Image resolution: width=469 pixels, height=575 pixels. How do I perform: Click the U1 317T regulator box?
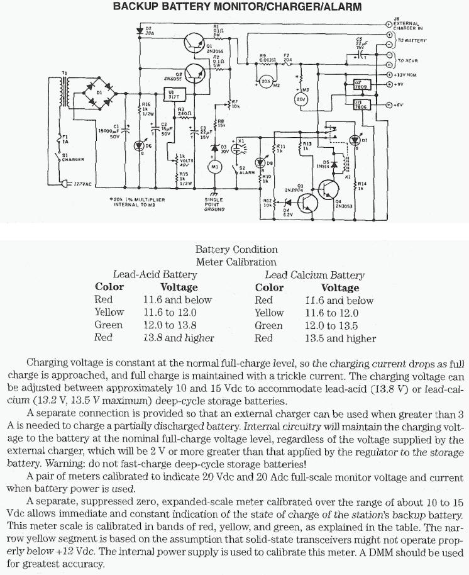[172, 95]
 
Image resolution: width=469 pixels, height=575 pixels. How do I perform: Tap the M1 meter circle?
[214, 166]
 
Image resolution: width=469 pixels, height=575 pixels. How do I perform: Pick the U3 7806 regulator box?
[361, 106]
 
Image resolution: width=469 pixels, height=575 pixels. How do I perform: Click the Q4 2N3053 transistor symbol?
[329, 191]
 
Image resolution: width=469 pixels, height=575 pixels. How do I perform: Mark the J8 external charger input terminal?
[389, 23]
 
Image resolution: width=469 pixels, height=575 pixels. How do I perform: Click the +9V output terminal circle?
[389, 84]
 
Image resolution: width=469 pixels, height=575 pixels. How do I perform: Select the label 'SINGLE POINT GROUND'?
[214, 204]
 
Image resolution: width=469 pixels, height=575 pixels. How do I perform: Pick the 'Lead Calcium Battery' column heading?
[314, 275]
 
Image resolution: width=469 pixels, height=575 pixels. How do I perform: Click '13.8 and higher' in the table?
[179, 338]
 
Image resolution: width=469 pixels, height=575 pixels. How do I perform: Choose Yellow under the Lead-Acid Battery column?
[109, 313]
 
